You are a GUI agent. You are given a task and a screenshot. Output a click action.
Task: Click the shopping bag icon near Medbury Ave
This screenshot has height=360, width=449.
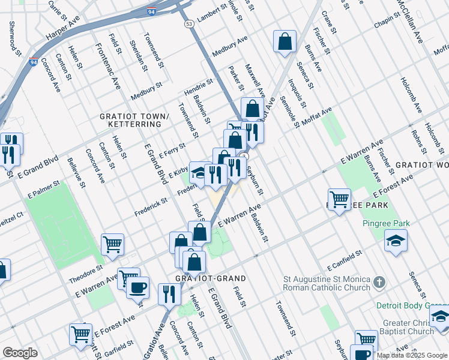pyautogui.click(x=285, y=42)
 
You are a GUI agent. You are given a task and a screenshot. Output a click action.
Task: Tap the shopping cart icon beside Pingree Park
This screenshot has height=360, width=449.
pyautogui.click(x=339, y=200)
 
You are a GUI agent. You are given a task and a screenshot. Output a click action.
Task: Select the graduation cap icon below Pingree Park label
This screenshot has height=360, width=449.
pyautogui.click(x=395, y=241)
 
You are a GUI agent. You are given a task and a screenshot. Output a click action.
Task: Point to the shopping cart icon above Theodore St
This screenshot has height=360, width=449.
pyautogui.click(x=112, y=244)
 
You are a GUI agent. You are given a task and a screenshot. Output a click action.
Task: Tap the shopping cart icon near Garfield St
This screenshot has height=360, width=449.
pyautogui.click(x=80, y=334)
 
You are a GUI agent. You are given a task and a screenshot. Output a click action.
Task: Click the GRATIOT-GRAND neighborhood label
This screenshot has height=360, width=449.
pyautogui.click(x=202, y=278)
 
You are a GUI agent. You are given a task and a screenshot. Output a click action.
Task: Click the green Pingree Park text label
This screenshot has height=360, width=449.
pyautogui.click(x=386, y=224)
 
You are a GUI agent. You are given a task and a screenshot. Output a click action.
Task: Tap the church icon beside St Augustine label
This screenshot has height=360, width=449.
pyautogui.click(x=379, y=282)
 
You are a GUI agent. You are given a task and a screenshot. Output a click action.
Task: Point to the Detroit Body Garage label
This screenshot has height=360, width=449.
pyautogui.click(x=412, y=305)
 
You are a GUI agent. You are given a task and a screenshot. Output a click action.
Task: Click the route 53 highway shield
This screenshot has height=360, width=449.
pyautogui.click(x=189, y=24)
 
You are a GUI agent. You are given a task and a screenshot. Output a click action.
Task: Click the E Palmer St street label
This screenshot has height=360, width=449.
pyautogui.click(x=44, y=189)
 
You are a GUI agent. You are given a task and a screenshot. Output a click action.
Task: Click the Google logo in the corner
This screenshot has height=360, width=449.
pyautogui.click(x=20, y=352)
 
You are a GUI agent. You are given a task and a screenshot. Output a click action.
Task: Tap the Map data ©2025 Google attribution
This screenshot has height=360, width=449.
pyautogui.click(x=412, y=355)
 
